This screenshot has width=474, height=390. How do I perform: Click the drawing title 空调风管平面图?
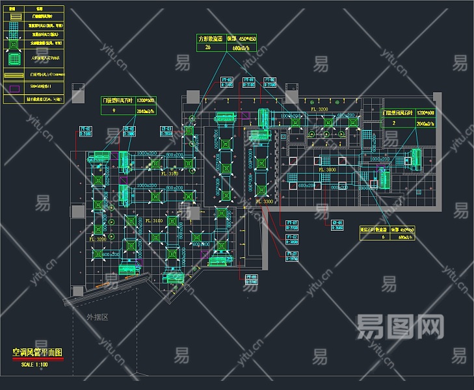[37, 352]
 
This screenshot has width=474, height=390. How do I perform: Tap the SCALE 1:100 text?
[36, 364]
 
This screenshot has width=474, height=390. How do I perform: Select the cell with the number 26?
[208, 47]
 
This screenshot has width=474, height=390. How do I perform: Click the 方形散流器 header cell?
[210, 39]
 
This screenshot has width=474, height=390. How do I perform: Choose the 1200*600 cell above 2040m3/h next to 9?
[144, 101]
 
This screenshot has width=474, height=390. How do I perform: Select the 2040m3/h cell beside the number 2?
[426, 122]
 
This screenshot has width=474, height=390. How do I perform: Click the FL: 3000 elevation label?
[326, 170]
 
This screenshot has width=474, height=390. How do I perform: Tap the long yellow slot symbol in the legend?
[14, 75]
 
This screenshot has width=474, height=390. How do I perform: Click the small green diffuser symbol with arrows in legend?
[14, 45]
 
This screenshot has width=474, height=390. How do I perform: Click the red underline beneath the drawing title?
[37, 359]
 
